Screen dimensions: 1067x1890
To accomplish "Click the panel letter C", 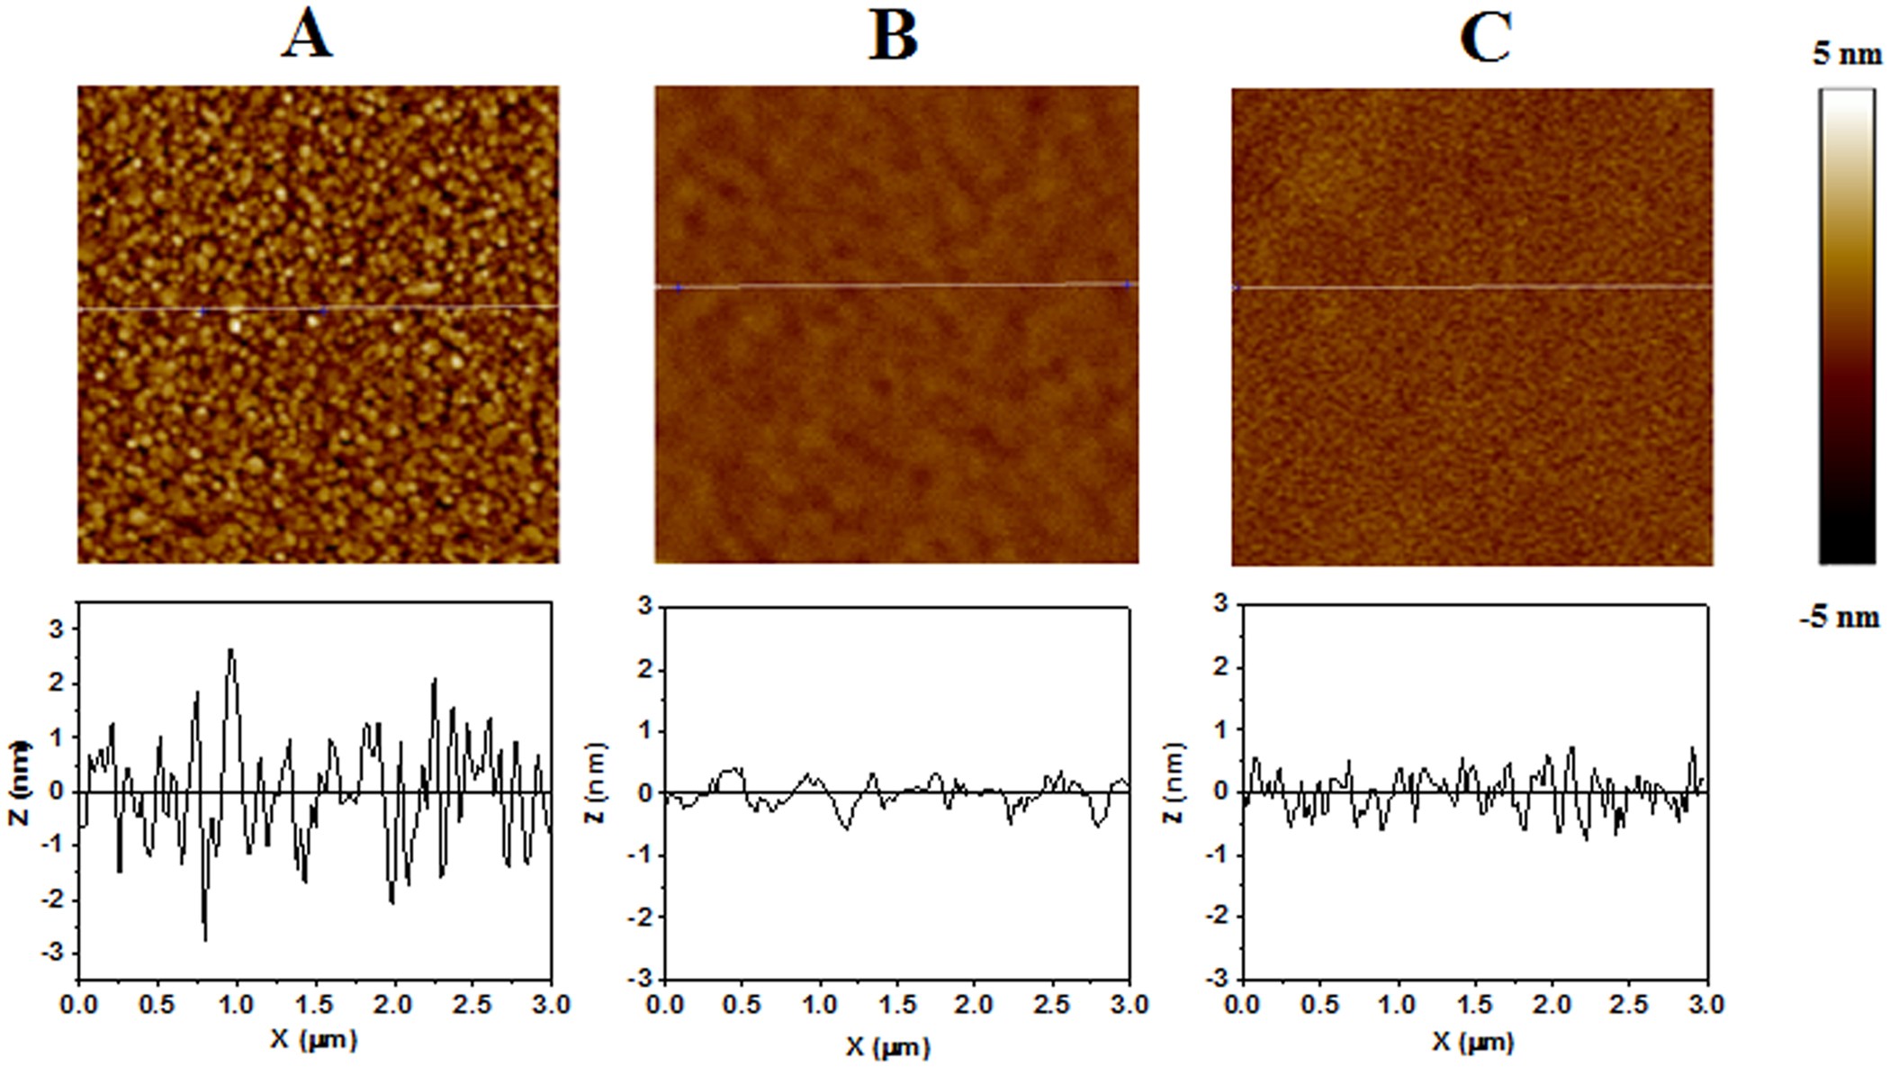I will click(x=1484, y=38).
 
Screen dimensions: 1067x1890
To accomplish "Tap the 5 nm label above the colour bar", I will click(x=1846, y=54).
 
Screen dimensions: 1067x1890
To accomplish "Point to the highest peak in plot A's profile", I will click(x=231, y=649).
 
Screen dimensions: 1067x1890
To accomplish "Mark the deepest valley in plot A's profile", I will click(x=205, y=940).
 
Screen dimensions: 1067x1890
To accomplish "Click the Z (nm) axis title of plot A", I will click(x=20, y=782).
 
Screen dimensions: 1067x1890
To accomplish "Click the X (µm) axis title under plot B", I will click(x=887, y=1046).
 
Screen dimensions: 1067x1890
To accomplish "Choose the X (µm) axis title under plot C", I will click(x=1472, y=1042).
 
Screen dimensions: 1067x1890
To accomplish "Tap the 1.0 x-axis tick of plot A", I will click(x=236, y=1004).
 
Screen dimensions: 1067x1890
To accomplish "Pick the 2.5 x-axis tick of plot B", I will click(x=1053, y=1004).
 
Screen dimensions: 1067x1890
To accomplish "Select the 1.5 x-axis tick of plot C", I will click(x=1474, y=1004).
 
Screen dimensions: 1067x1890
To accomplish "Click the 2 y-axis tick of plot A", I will click(x=58, y=683).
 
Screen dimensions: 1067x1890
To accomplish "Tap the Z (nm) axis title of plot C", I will click(x=1174, y=782).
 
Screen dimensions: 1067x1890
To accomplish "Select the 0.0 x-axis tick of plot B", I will click(x=664, y=1004).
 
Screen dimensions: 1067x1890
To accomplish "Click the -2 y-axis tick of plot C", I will click(x=1217, y=916).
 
